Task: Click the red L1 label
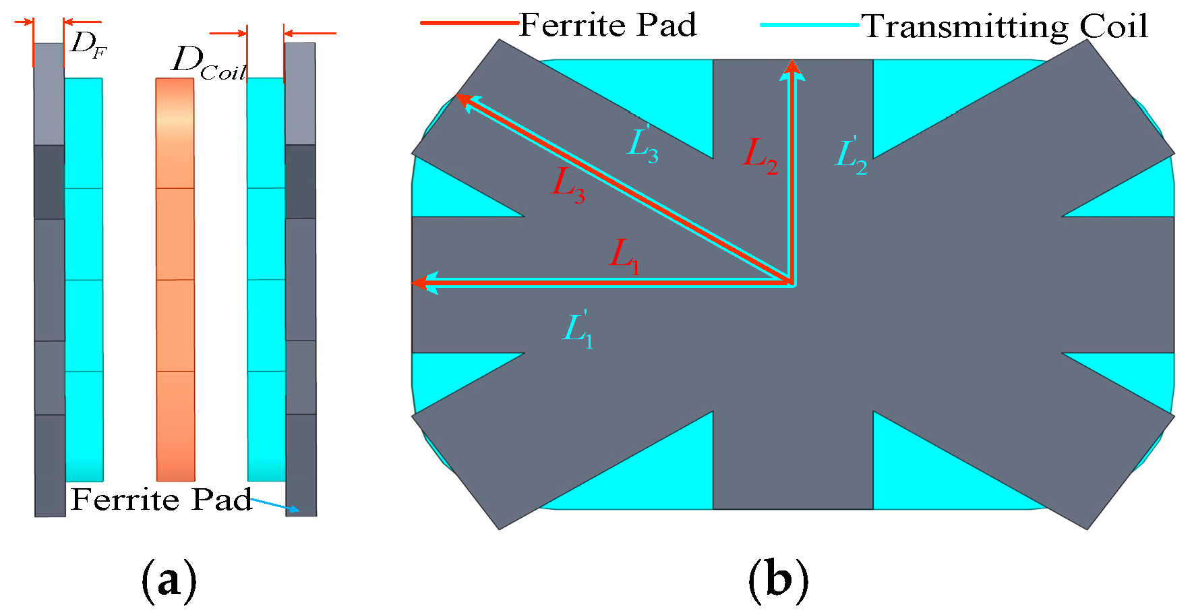(x=624, y=256)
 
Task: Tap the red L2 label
(x=760, y=156)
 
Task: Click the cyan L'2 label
(x=851, y=156)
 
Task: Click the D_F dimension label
(x=88, y=45)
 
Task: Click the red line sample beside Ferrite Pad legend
(x=469, y=23)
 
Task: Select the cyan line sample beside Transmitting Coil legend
(x=809, y=25)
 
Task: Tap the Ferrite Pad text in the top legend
(x=607, y=26)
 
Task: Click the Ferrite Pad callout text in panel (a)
(x=161, y=500)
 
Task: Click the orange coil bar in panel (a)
(x=175, y=279)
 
